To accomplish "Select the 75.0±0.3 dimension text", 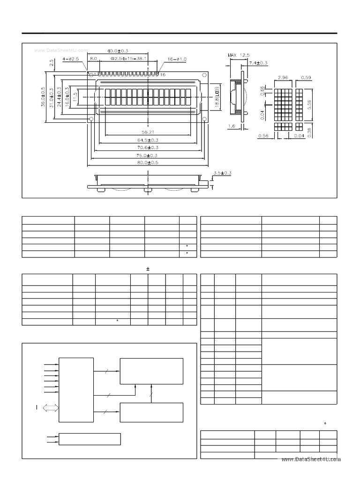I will [x=147, y=155].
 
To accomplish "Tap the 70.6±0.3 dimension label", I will [x=147, y=147].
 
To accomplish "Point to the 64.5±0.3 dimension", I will [x=147, y=140].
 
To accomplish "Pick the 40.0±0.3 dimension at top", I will [x=118, y=51].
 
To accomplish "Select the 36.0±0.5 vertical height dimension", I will [x=43, y=97].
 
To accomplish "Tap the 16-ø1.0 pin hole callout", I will [x=177, y=59].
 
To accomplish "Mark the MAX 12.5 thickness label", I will [x=240, y=55].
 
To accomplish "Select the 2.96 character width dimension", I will [x=282, y=77].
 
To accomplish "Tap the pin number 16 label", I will [x=163, y=75].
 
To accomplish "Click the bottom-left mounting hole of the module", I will [x=90, y=120].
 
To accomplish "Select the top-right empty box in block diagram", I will [x=151, y=371].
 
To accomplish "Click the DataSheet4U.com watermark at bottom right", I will [x=311, y=460].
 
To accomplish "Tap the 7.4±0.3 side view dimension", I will [x=258, y=63].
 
